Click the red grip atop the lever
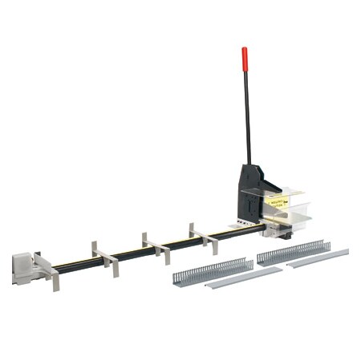[245, 59]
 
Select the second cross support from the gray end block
[105, 258]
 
